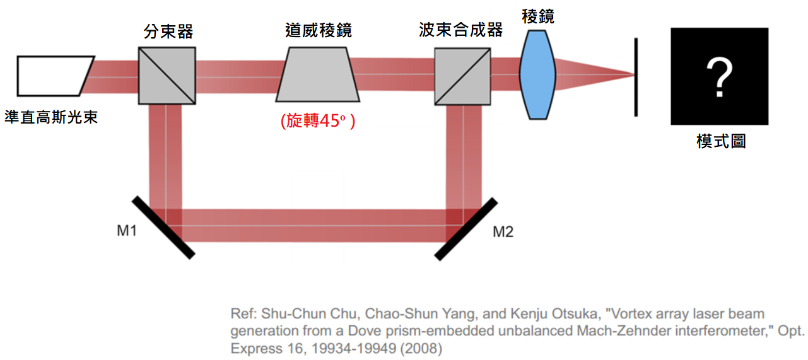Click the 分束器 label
coord(168,32)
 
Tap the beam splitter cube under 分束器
coord(167,76)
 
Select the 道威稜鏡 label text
coord(318,30)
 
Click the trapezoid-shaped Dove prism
coord(318,74)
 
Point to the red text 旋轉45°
coord(318,120)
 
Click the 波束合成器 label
coord(460,30)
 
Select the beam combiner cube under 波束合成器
coord(462,76)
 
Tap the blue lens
coord(537,74)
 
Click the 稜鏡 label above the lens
coord(538,16)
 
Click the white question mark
coord(719,78)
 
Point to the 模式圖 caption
coord(721,141)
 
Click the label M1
coord(127,231)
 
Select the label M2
coord(503,231)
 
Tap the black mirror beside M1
coord(163,228)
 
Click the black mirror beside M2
coord(466,229)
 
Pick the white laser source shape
coord(55,76)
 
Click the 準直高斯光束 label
coord(51,117)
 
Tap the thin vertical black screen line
coord(636,77)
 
